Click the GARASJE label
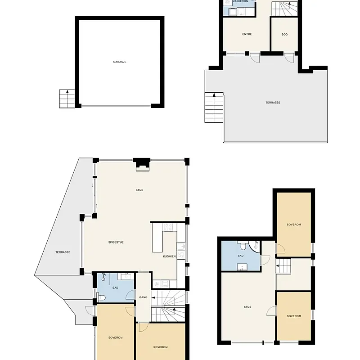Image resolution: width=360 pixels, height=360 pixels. (x=120, y=62)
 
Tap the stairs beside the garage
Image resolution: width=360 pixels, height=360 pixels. (x=67, y=99)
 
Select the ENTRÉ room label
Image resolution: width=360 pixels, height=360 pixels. (x=247, y=34)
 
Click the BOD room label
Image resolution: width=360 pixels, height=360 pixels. (x=284, y=34)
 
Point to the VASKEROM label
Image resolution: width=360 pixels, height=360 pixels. (x=240, y=1)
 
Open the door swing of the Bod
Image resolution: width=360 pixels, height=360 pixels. (x=289, y=58)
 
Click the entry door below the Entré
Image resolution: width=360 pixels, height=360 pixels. (x=254, y=58)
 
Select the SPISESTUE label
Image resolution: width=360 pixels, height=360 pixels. (x=116, y=242)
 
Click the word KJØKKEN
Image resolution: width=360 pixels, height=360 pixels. (x=169, y=256)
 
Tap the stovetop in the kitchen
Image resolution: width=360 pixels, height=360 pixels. (x=169, y=227)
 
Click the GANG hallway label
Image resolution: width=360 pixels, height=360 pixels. (x=143, y=297)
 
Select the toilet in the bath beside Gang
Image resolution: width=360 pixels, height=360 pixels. (x=101, y=297)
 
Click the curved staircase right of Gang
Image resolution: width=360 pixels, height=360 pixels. (x=168, y=306)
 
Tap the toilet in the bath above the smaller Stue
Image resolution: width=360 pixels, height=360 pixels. (x=243, y=246)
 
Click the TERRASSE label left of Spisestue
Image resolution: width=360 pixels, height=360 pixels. (x=63, y=252)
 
